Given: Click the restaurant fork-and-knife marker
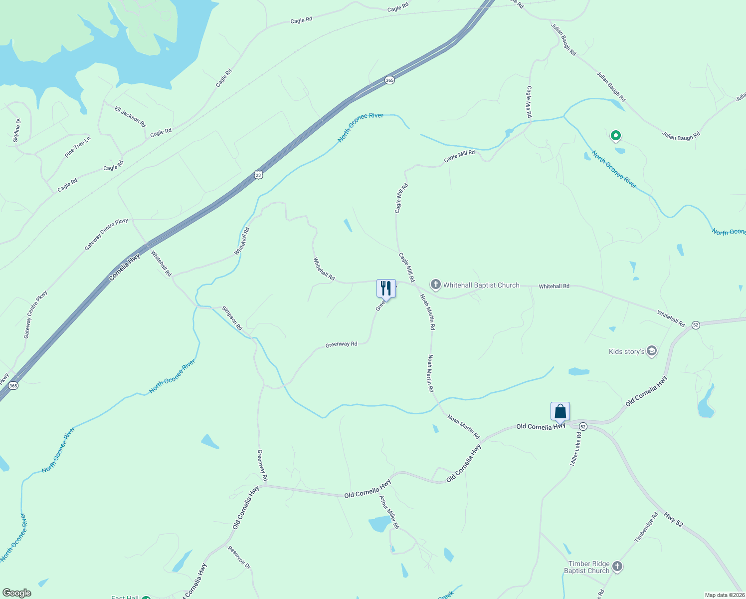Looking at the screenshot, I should [x=386, y=288].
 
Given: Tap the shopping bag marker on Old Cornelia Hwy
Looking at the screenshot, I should [x=560, y=411].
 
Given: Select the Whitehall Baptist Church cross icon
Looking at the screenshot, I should [x=435, y=285].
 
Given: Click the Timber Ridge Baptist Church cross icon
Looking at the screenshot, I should [x=617, y=567].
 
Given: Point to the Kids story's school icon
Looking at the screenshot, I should [x=651, y=351].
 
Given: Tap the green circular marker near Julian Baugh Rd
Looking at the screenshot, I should [x=616, y=135].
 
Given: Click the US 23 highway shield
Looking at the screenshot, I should [x=258, y=175].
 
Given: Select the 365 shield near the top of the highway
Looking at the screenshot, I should [x=389, y=80].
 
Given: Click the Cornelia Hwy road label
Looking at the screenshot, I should [x=125, y=267].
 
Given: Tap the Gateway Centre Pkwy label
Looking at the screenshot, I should [x=106, y=234].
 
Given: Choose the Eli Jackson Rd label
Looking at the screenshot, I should [x=130, y=116].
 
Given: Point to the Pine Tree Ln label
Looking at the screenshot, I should [x=78, y=147].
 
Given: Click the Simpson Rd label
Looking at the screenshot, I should [x=232, y=318].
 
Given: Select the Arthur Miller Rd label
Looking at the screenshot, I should [x=389, y=512].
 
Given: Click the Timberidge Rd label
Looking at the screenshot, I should [x=646, y=527].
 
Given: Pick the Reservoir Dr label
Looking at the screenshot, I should [x=239, y=558].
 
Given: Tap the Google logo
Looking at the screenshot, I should [x=17, y=593].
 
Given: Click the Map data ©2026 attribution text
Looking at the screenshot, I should [x=724, y=595].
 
